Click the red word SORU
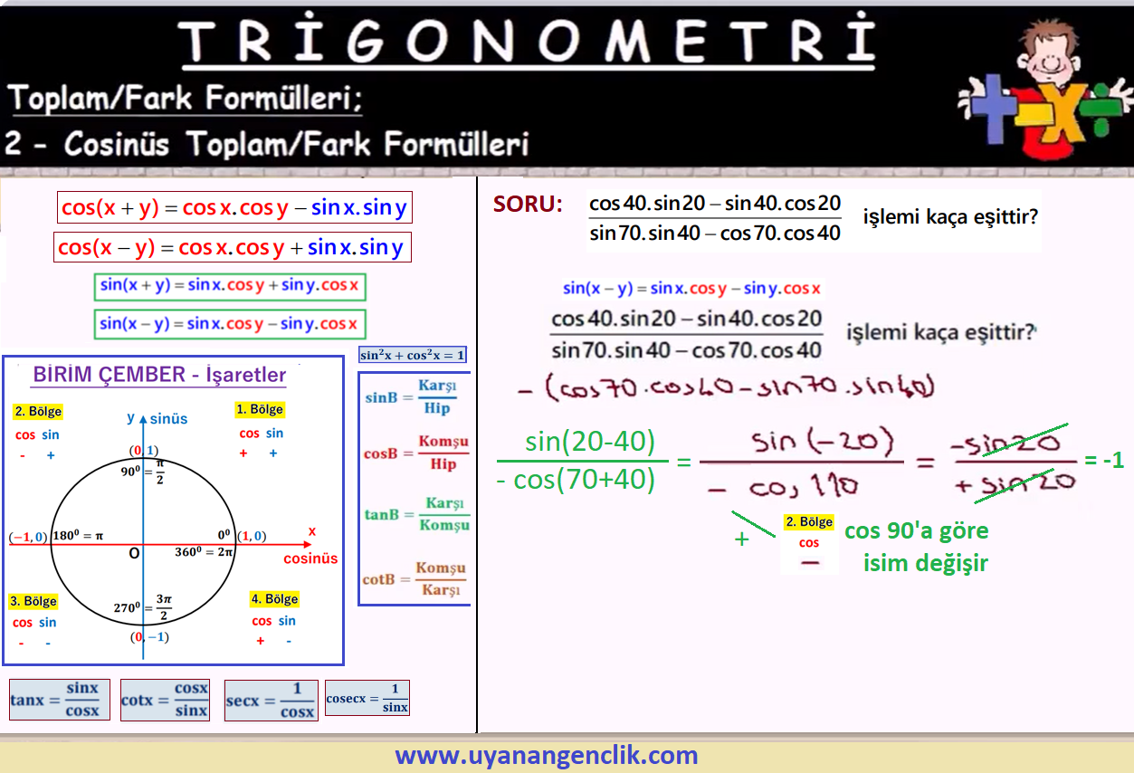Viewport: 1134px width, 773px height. pos(528,204)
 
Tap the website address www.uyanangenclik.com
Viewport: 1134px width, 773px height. pos(547,755)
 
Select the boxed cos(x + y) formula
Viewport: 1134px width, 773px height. pos(234,207)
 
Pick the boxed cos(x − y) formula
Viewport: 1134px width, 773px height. pos(233,247)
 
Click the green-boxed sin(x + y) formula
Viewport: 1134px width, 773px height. pos(230,286)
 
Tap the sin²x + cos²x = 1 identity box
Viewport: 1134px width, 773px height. pos(413,355)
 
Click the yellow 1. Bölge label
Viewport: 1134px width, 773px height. pos(260,409)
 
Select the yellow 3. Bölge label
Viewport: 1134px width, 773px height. pos(33,601)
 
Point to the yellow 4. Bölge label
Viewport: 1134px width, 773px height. pos(274,599)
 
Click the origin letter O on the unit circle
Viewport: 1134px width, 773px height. pos(134,553)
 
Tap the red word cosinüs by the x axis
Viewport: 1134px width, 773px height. pos(310,558)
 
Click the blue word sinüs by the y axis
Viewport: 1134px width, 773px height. pos(168,419)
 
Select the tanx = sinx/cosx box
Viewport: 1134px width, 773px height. pos(59,700)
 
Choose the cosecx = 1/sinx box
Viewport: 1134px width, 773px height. pos(367,698)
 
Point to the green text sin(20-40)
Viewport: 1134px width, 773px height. pos(590,442)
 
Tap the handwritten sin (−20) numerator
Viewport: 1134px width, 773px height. pos(823,442)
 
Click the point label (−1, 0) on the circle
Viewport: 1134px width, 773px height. pos(28,537)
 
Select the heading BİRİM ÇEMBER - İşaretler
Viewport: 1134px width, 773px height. pos(159,375)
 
